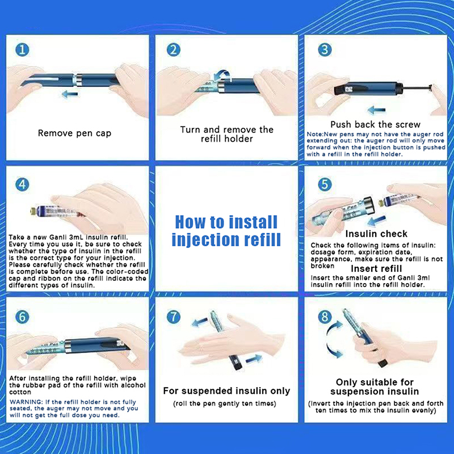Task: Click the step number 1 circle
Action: [22, 50]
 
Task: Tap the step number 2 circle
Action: [174, 50]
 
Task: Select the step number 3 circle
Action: [325, 49]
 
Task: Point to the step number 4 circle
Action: [22, 184]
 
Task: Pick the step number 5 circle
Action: [325, 184]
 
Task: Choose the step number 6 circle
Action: [22, 317]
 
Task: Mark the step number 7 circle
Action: [174, 317]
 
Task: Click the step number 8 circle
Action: [325, 317]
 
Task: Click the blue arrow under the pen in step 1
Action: [70, 94]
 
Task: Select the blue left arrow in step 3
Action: [376, 110]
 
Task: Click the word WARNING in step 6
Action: [26, 402]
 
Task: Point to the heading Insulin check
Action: [376, 234]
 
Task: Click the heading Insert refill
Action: [376, 268]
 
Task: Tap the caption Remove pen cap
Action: [74, 133]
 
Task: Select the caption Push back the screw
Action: [375, 124]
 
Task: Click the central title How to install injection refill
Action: [226, 231]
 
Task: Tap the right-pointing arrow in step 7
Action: [254, 359]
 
